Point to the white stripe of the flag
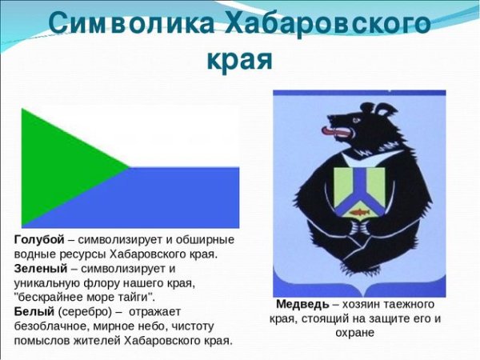[x=184, y=136]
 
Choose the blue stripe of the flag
[x=184, y=197]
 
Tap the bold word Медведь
[x=302, y=305]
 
